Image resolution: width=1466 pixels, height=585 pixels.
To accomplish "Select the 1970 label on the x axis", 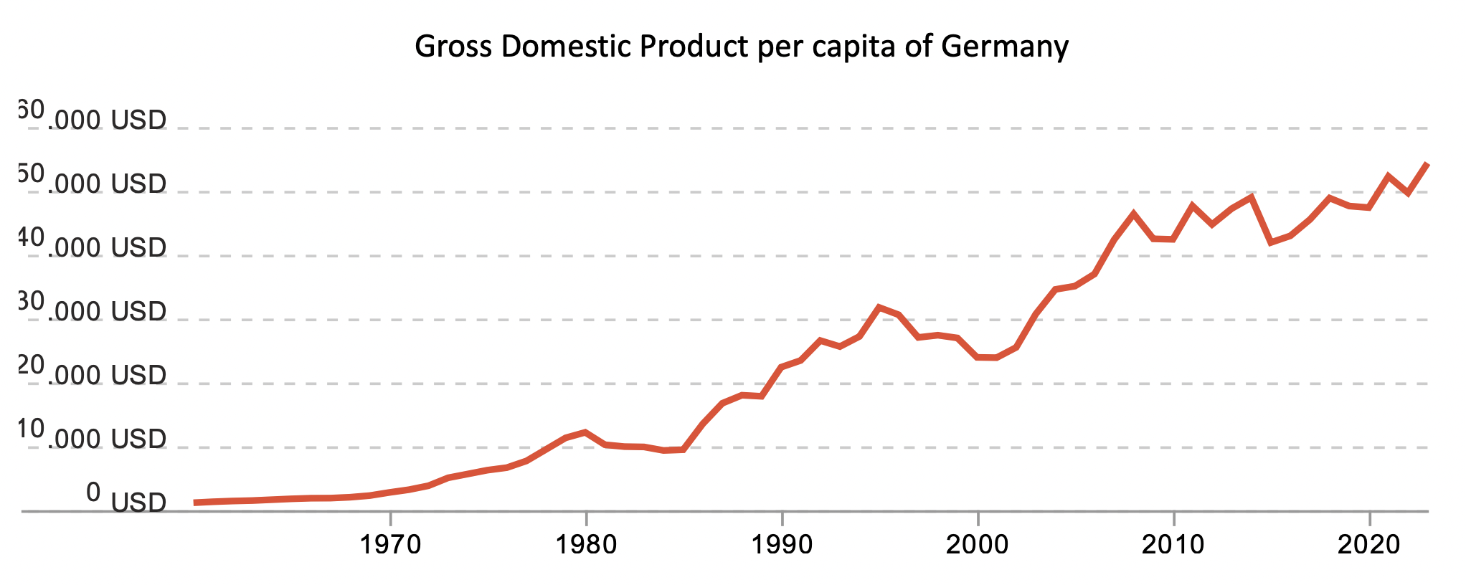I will point(390,545).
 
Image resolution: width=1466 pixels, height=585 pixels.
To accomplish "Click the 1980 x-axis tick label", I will point(586,545).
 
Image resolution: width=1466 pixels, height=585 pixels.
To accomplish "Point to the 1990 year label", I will point(782,545).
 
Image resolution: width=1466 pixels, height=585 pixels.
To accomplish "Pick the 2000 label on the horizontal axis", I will point(978,545).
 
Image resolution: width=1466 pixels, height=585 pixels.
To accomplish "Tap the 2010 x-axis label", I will point(1173,545).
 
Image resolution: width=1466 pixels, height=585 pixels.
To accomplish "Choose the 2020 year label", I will point(1369,545).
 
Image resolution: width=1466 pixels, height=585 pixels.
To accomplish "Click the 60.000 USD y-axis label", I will point(93,118).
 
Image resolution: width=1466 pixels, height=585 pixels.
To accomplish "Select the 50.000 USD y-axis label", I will point(93,182).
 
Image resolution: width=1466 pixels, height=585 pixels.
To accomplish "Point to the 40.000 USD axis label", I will point(93,246).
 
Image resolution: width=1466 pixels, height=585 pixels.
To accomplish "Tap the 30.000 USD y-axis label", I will point(93,310).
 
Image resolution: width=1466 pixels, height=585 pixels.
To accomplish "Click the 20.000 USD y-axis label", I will point(93,374).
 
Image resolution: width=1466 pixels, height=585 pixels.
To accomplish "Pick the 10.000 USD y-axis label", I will point(93,437).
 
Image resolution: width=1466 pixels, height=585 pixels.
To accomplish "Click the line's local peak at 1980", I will point(586,432).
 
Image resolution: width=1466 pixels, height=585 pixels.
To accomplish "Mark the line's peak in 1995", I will point(879,307).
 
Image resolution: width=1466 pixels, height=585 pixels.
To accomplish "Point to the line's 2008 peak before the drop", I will point(1134,214).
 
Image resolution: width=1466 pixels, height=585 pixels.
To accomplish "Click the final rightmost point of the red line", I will point(1427,165).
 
